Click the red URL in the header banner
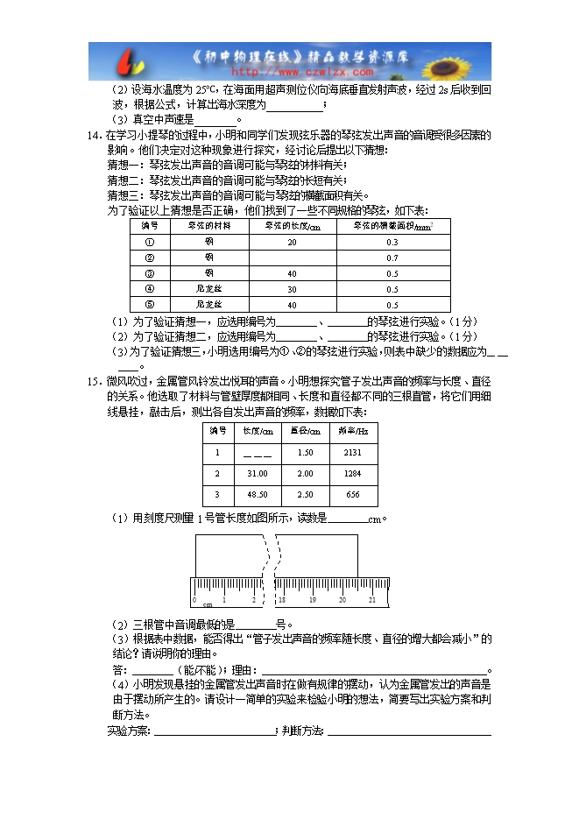(x=288, y=72)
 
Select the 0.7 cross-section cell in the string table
(x=392, y=258)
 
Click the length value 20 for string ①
(x=292, y=242)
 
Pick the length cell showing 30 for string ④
(x=292, y=289)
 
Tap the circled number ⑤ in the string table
(x=149, y=304)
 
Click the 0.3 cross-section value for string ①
(x=392, y=242)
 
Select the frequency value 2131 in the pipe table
(x=353, y=452)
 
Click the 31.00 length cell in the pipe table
(x=257, y=473)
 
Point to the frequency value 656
(x=353, y=495)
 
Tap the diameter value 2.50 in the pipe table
(x=305, y=495)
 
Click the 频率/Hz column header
(x=353, y=431)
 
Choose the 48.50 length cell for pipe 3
(x=257, y=495)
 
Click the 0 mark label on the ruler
(x=194, y=600)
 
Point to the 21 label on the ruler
(x=371, y=600)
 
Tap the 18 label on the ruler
(x=282, y=600)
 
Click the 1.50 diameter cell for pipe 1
(x=305, y=452)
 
